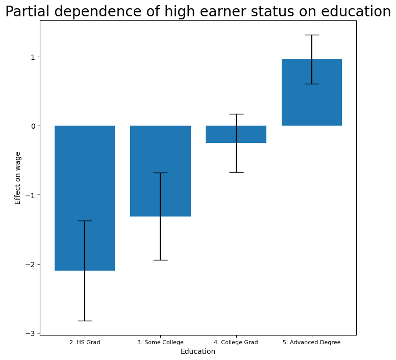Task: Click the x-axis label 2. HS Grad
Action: (x=85, y=342)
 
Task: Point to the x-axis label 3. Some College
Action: (x=160, y=342)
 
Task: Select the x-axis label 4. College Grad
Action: (x=236, y=342)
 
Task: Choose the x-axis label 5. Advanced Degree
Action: (x=311, y=342)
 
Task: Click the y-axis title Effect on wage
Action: (x=18, y=178)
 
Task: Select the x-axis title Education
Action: (x=198, y=352)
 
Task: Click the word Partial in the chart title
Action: (x=26, y=12)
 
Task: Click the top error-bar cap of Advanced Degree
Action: (x=312, y=35)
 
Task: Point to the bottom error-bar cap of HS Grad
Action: (x=85, y=321)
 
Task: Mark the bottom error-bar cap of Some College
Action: (x=160, y=260)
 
